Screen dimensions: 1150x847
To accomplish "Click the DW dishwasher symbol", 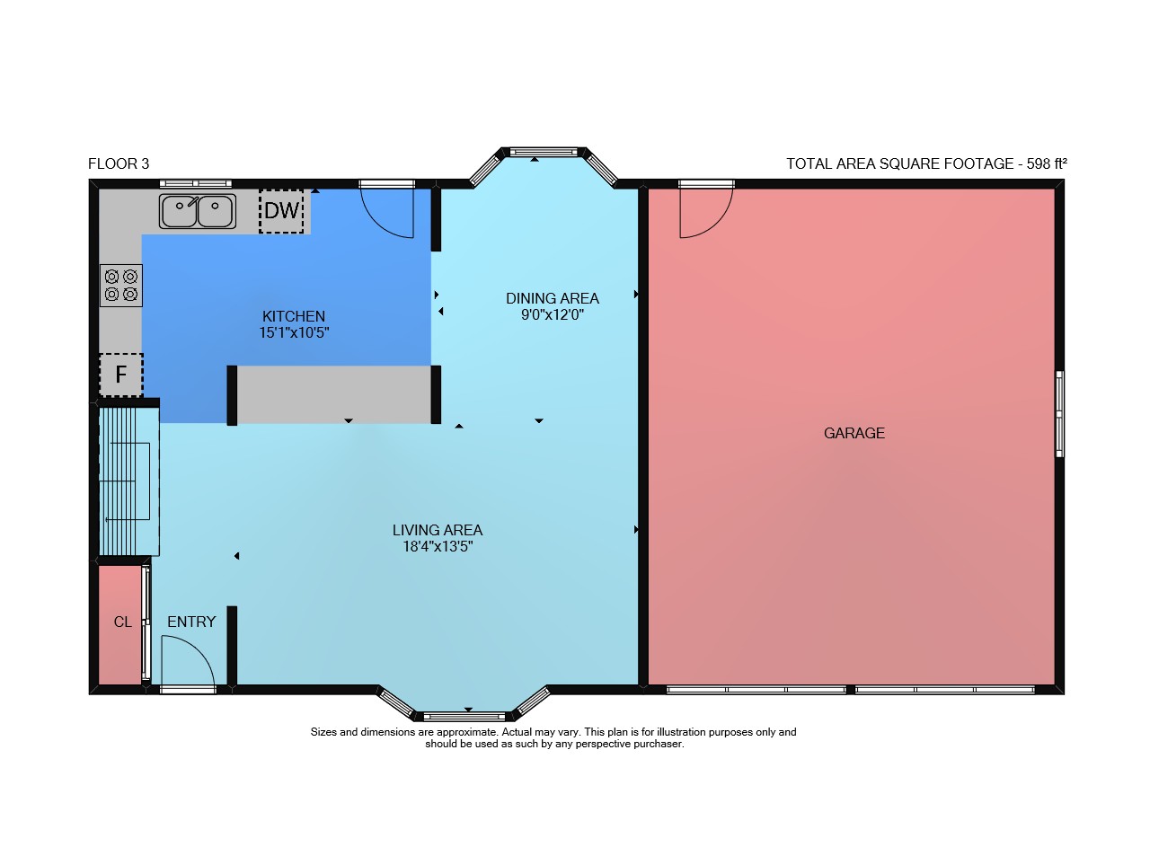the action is [x=281, y=211].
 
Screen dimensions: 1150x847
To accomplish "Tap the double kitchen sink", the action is [x=198, y=211].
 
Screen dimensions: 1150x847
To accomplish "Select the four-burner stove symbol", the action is [x=121, y=286].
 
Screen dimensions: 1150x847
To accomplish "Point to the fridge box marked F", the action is [x=121, y=375].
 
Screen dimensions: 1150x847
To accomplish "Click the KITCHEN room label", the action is [x=294, y=316].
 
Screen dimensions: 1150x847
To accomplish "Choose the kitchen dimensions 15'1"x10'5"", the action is [x=294, y=332].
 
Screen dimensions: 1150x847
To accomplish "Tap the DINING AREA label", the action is [x=553, y=298].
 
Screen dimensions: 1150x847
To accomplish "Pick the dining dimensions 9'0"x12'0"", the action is [x=553, y=314].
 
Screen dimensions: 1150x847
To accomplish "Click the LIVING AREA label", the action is [x=438, y=530].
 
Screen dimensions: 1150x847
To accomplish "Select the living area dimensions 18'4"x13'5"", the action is [x=438, y=546].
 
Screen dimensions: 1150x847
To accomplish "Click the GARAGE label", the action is [x=854, y=433].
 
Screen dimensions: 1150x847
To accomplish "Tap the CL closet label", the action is [x=123, y=622].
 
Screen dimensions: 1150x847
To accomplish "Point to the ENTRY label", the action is [x=191, y=622].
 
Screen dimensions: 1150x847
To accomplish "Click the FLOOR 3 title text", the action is [x=119, y=163].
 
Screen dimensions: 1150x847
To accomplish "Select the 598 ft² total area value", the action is [x=1047, y=163].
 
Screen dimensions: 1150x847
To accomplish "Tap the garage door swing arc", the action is [x=717, y=225].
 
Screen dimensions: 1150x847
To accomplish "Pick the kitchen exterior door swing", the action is [x=376, y=225].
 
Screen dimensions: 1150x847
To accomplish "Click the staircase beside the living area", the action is [x=128, y=481].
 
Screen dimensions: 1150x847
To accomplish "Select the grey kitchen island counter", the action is [x=333, y=394].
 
